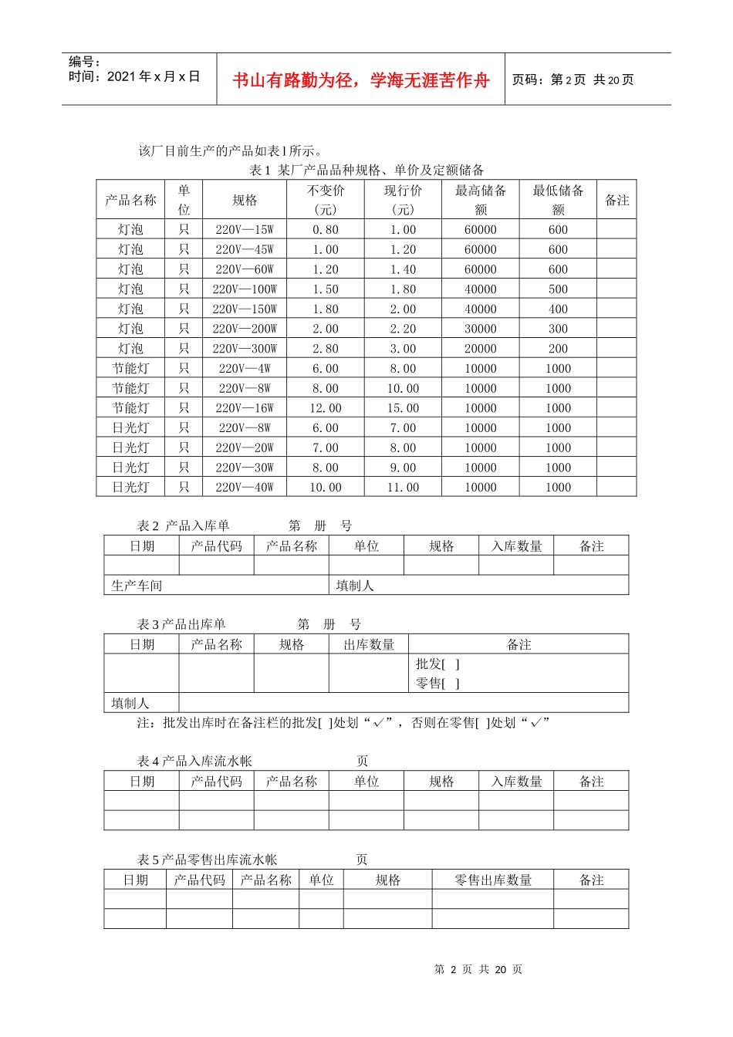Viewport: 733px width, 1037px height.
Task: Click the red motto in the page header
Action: pyautogui.click(x=361, y=80)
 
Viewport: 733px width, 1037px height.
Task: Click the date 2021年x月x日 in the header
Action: pyautogui.click(x=153, y=76)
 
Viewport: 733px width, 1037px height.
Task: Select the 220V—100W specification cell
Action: pyautogui.click(x=245, y=289)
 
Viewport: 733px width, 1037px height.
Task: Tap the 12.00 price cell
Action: pyautogui.click(x=326, y=408)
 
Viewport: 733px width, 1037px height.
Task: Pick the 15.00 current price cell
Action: pyautogui.click(x=403, y=408)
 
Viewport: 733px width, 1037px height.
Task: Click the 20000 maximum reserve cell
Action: pyautogui.click(x=481, y=349)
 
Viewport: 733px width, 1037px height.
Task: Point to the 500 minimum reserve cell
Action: pyautogui.click(x=558, y=289)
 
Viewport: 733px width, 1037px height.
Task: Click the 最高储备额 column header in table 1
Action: pyautogui.click(x=481, y=200)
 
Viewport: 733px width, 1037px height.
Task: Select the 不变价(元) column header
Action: pyautogui.click(x=326, y=200)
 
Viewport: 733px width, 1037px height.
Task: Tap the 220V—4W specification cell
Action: pyautogui.click(x=245, y=369)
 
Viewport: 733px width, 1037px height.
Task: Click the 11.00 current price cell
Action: pyautogui.click(x=403, y=488)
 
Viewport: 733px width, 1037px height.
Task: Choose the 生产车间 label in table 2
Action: pyautogui.click(x=137, y=586)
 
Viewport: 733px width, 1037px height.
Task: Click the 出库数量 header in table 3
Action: pyautogui.click(x=369, y=644)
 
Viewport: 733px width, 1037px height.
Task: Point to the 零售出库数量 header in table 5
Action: pyautogui.click(x=493, y=880)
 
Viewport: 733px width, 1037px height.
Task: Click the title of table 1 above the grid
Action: pyautogui.click(x=366, y=170)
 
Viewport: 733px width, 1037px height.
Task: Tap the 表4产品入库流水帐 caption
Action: pyautogui.click(x=194, y=762)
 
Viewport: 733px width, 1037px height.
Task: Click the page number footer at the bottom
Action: pyautogui.click(x=478, y=970)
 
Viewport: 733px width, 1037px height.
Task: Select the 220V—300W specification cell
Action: pyautogui.click(x=245, y=349)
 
